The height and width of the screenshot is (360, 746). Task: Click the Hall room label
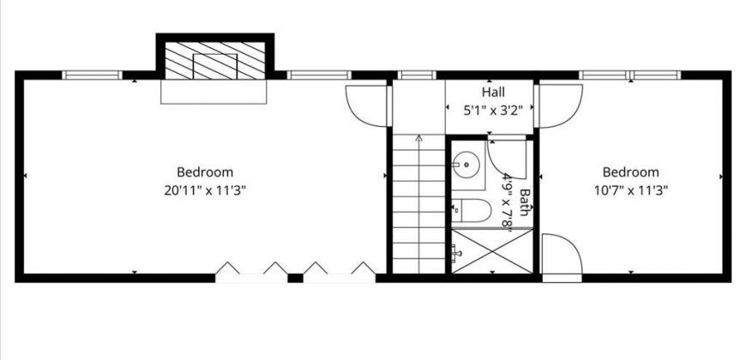coord(493,92)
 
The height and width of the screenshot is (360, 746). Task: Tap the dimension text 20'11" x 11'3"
coord(205,190)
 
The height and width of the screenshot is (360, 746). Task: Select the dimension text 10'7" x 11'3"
coord(631,190)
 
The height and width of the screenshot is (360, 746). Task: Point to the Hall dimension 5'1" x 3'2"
coord(493,111)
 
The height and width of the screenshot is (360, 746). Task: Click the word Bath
coord(524,202)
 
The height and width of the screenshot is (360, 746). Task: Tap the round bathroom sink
coord(466,165)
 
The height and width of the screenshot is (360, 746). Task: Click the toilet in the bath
coord(471,210)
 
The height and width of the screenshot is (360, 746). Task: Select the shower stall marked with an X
coord(492,251)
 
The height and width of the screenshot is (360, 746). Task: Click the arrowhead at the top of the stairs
coord(418,138)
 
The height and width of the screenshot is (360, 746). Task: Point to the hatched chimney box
coord(215,60)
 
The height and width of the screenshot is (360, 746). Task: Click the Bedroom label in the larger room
coord(205,171)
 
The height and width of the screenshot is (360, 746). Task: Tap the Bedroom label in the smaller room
coord(631,171)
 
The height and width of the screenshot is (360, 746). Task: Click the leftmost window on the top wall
coord(93,75)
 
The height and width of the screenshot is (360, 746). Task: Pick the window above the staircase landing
coord(417,75)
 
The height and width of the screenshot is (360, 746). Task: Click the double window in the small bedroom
coord(630,75)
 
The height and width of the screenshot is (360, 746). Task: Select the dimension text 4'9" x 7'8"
coord(507,202)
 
